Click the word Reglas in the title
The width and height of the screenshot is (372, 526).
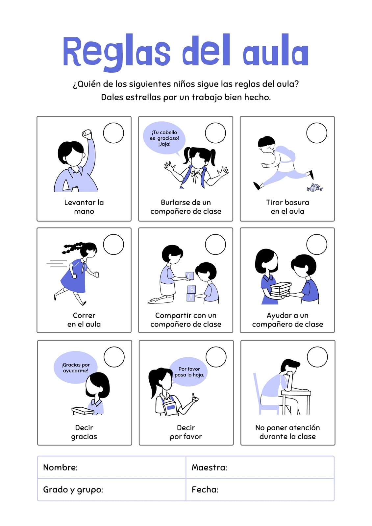[x=116, y=53]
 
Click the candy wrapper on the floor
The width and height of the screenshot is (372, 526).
[x=315, y=188]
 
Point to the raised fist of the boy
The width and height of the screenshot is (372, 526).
[x=87, y=134]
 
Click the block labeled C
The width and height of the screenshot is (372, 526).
[x=190, y=275]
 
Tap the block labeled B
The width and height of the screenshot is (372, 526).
[x=191, y=290]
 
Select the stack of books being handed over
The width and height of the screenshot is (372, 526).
[x=280, y=290]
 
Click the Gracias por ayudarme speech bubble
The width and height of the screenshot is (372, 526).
[x=75, y=368]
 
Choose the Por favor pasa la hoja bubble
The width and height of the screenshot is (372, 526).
[x=189, y=372]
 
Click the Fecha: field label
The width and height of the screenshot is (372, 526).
[x=205, y=490]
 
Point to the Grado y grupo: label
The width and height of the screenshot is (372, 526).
[x=73, y=490]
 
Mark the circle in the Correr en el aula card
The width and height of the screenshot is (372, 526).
[x=113, y=245]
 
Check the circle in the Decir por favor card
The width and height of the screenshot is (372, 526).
[x=216, y=357]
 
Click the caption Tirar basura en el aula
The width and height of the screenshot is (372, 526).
[x=287, y=207]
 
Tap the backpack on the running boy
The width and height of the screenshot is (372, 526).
[x=285, y=155]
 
